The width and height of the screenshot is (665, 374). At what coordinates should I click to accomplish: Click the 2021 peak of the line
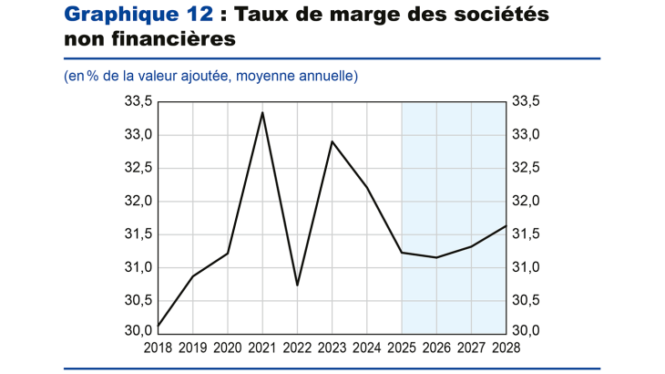tap(262, 113)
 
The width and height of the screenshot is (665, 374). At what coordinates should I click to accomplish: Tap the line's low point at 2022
tap(297, 286)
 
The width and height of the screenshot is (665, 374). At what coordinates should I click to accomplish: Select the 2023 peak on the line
tap(332, 141)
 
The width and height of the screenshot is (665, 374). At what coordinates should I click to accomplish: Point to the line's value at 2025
tap(402, 252)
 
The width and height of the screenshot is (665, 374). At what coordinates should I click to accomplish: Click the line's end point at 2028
tap(506, 225)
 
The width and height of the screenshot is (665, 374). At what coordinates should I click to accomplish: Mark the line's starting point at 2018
tap(159, 327)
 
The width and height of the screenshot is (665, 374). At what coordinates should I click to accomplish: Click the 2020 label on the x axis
tap(227, 348)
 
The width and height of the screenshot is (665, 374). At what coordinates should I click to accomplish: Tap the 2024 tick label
tap(366, 348)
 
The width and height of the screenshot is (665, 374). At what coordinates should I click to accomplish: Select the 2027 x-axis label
tap(471, 348)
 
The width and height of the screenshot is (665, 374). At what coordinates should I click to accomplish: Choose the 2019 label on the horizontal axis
tap(192, 348)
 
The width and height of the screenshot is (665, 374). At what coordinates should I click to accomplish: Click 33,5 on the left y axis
tap(138, 101)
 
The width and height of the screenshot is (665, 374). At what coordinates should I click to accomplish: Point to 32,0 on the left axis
tap(138, 201)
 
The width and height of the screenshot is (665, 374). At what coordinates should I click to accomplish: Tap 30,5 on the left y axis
tap(138, 300)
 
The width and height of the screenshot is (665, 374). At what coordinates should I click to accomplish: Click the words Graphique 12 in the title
tap(138, 16)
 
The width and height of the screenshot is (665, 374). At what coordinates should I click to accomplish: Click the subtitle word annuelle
tap(323, 76)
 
